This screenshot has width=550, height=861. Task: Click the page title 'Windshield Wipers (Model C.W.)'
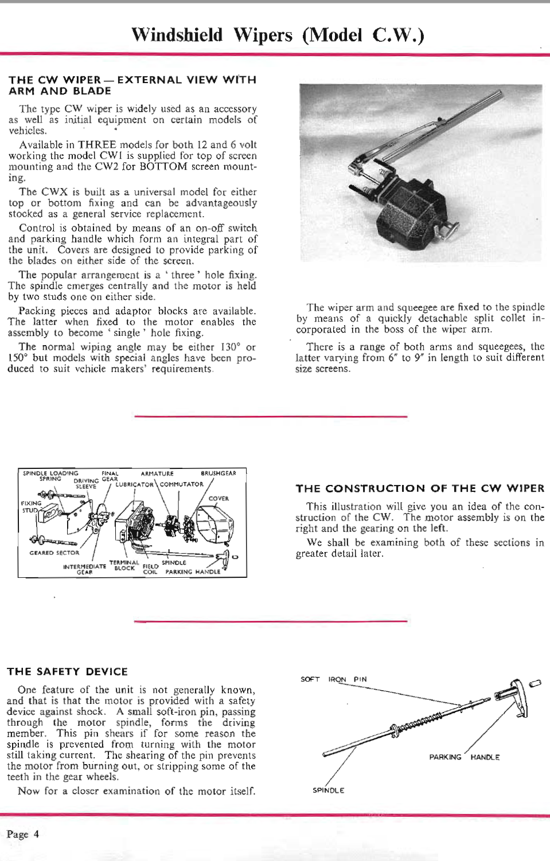tap(278, 35)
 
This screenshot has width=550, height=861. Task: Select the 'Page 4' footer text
tap(23, 834)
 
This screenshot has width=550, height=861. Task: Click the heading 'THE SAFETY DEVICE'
tap(67, 671)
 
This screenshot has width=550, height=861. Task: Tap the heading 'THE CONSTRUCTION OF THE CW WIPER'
tap(420, 488)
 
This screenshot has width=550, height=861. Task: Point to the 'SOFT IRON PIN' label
tap(333, 679)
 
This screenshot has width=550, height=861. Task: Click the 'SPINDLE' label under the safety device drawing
tap(328, 790)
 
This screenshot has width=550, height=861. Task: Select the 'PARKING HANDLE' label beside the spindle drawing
tap(464, 757)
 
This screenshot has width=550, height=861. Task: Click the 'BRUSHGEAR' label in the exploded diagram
tap(218, 473)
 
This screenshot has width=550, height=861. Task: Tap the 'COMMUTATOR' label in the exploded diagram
tap(181, 484)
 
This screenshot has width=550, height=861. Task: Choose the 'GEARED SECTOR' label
tap(54, 553)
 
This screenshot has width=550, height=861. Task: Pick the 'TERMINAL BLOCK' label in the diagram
tap(124, 566)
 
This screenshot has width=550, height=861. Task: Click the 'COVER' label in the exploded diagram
tap(219, 499)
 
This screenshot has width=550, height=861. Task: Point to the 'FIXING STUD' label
tap(30, 507)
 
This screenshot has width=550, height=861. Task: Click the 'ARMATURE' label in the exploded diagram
tap(157, 473)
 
